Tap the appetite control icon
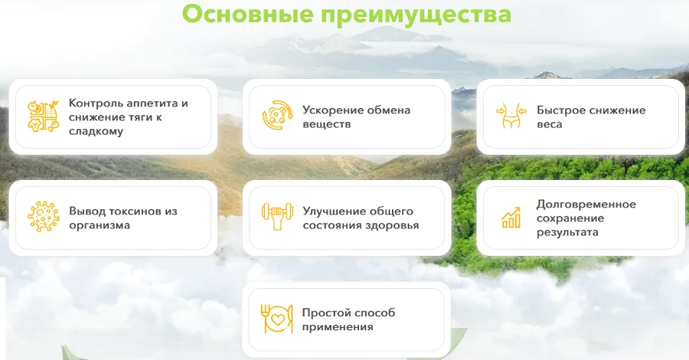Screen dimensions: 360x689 tap(42, 116)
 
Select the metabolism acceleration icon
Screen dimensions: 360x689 tap(276, 116)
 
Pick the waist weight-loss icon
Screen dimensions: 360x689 tap(511, 116)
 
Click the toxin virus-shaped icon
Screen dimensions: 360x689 tap(42, 217)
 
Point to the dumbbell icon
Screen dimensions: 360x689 tap(276, 217)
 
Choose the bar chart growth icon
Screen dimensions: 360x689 tap(511, 217)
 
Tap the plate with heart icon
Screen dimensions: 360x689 tap(276, 319)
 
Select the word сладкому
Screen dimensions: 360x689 tap(96, 131)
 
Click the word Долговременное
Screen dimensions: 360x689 tap(586, 204)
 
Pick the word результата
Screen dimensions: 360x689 tap(567, 232)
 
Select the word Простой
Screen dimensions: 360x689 tap(327, 313)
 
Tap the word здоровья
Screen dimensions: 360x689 tap(393, 225)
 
